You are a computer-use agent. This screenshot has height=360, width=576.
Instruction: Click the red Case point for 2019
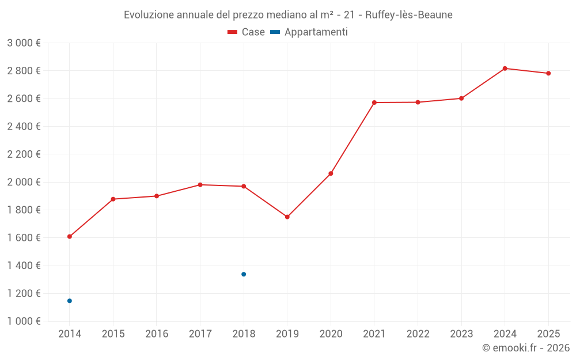(x=287, y=217)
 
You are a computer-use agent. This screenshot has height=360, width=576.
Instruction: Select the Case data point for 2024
(x=505, y=69)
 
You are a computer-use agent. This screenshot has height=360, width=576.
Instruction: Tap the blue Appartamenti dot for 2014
(x=70, y=301)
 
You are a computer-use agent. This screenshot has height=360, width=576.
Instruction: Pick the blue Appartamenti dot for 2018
(x=244, y=274)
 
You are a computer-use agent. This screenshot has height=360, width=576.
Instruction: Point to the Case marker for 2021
(x=374, y=103)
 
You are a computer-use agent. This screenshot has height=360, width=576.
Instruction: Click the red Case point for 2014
(x=70, y=237)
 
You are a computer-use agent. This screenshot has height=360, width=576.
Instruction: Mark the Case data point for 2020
(x=331, y=173)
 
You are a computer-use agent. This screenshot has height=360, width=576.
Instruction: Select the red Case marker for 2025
(x=548, y=73)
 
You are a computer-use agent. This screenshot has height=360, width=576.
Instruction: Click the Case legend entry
(x=246, y=32)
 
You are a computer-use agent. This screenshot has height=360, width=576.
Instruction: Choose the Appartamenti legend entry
(x=309, y=32)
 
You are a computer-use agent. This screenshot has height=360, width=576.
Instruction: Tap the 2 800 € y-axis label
(x=24, y=71)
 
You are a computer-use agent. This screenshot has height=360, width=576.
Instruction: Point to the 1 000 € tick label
(x=24, y=321)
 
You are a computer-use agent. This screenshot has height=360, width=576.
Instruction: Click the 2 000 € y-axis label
(x=24, y=182)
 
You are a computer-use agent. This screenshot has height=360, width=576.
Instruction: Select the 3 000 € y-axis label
(x=24, y=43)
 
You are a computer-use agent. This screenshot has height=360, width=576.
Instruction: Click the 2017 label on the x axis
(x=200, y=334)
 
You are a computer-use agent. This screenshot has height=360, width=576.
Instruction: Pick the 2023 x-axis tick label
(x=461, y=334)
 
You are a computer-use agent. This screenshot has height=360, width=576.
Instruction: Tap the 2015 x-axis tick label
(x=113, y=334)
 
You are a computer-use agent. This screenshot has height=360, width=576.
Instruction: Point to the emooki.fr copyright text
(x=525, y=348)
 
